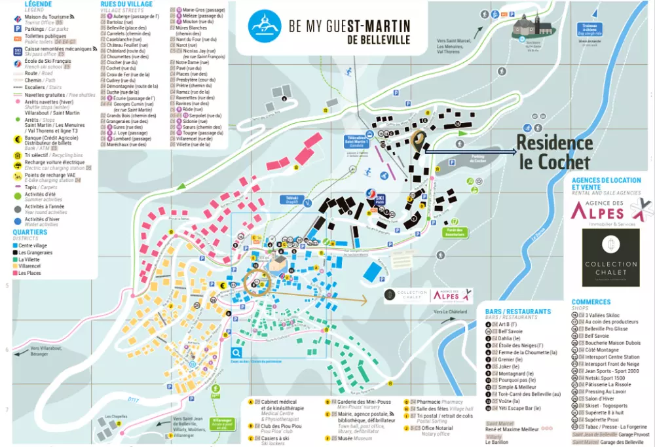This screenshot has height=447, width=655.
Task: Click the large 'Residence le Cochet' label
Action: pos(554,152)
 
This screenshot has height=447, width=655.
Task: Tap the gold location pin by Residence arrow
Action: pos(418,139)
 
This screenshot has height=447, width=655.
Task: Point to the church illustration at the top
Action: pos(532,27)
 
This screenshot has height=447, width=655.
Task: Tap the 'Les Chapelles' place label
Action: pos(115,416)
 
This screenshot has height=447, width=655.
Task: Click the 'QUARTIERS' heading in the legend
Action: pos(29,232)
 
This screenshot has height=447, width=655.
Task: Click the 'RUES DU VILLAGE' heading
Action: pos(126,5)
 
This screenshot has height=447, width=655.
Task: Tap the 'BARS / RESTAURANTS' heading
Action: pos(519,312)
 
